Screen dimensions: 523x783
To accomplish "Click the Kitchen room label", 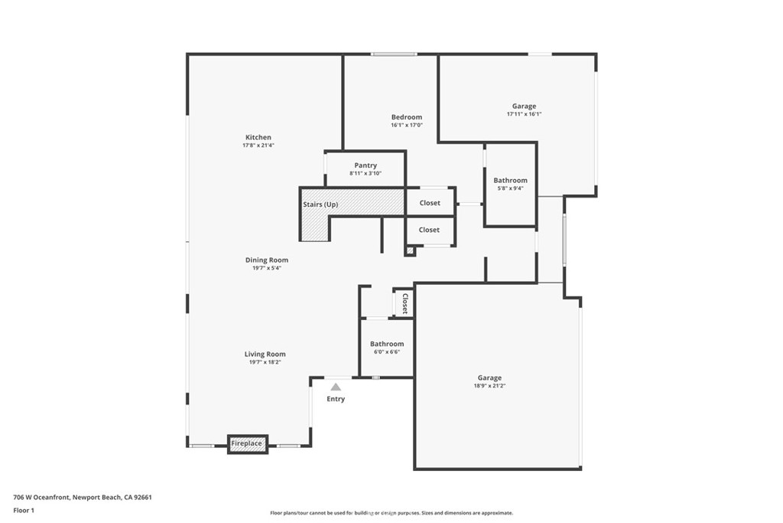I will [258, 137].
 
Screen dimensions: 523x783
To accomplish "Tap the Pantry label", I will [366, 165].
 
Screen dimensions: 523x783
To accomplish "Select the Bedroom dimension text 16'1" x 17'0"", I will [407, 126].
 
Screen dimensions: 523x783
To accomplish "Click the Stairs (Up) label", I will [320, 204].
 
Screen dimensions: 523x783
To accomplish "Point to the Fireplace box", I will [247, 443].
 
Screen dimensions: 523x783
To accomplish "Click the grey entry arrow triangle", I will [336, 387].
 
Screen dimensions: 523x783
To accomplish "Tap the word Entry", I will [336, 399].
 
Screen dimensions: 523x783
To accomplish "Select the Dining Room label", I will [267, 260].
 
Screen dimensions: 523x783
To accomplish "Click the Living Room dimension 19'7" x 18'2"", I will [265, 362].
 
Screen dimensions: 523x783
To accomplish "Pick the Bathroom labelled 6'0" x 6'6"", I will [386, 345].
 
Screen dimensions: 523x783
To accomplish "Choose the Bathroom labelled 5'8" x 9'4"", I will [510, 181].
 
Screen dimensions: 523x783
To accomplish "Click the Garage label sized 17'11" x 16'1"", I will [524, 106].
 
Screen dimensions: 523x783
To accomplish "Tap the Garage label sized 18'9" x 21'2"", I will [489, 378].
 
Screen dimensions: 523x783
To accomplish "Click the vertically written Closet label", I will [404, 303].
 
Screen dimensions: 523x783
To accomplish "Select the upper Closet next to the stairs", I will [430, 203].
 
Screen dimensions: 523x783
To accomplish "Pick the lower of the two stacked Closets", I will [430, 230].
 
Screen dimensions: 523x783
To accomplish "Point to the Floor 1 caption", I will [24, 510].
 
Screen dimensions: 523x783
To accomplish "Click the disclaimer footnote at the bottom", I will [391, 513].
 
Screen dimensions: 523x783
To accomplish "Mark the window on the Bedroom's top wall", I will [394, 54].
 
